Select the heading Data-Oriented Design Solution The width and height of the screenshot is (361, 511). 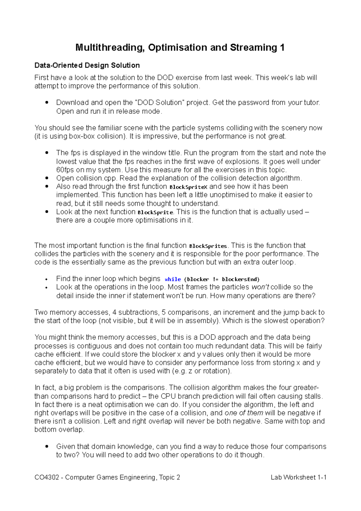(87, 65)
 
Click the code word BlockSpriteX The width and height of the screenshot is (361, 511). (188, 187)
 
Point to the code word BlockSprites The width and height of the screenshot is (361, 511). (208, 246)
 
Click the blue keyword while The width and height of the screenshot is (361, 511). (173, 279)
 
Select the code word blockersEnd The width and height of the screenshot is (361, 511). (240, 279)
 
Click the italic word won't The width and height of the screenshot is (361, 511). (260, 287)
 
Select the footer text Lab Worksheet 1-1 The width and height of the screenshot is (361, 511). (298, 477)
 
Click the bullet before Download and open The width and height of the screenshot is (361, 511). (47, 103)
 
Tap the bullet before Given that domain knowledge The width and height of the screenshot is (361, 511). (47, 447)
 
